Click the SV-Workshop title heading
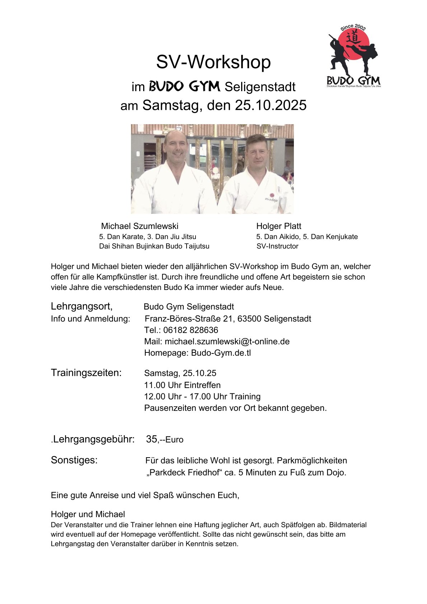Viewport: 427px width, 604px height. point(213,62)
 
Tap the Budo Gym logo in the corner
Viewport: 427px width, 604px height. point(353,57)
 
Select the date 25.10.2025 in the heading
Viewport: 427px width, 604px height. point(271,105)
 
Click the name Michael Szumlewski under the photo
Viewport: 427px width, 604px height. point(140,226)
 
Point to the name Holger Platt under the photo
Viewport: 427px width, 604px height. point(278,226)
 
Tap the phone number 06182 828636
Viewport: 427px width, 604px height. point(191,330)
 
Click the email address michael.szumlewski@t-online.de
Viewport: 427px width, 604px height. point(227,342)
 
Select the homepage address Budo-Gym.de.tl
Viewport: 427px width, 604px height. point(221,353)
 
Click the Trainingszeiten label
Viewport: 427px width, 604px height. point(86,373)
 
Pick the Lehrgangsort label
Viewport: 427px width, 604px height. point(81,306)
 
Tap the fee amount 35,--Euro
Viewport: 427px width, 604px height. point(164,439)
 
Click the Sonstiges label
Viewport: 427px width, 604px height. point(74,460)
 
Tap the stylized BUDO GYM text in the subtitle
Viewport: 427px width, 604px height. point(184,87)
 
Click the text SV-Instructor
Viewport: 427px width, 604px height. point(277,246)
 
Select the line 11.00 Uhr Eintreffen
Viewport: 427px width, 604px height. point(182,385)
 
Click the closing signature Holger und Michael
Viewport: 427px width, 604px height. point(88,514)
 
